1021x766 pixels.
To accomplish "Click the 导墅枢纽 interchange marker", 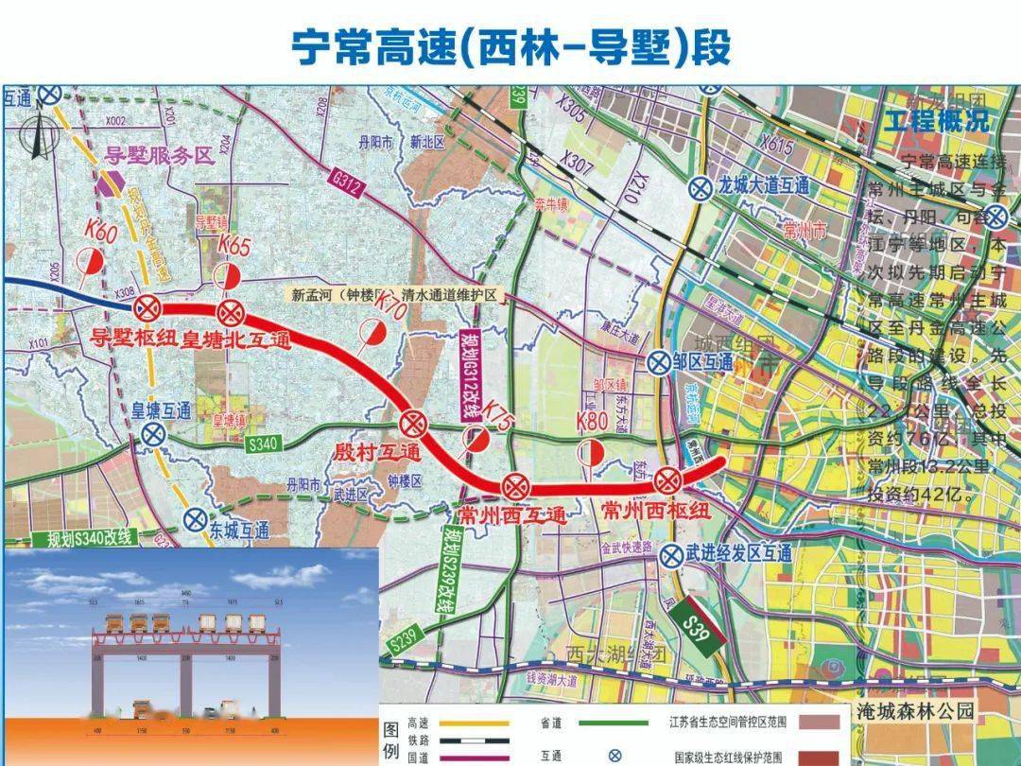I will pos(147,307).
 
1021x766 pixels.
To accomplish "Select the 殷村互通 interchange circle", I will pos(413,422).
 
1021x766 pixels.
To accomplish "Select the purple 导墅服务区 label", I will pos(159,157).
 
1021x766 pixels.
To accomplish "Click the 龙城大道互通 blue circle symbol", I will pos(701,187).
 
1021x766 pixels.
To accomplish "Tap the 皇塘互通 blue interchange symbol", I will pos(151,434).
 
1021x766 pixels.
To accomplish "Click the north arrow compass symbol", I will pos(38,136).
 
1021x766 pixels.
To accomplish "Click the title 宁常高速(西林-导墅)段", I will pos(510,44).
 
